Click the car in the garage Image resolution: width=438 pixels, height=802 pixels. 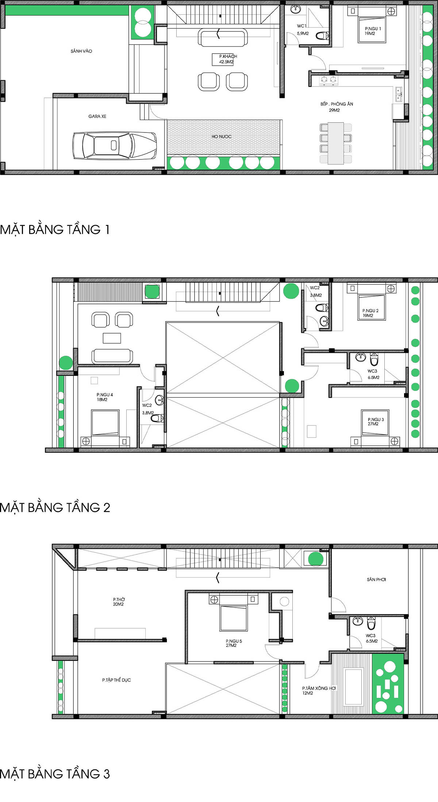[115, 146]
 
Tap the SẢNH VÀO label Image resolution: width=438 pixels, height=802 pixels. [81, 51]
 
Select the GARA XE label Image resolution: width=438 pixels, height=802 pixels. [97, 116]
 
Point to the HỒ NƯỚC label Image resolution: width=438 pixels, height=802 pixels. [222, 136]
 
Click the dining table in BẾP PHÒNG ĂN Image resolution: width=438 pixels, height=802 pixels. [336, 143]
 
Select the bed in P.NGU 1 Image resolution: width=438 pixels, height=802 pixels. [372, 30]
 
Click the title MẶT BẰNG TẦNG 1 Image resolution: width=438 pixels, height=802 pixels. [55, 230]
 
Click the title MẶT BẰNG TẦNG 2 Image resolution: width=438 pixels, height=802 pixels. [55, 508]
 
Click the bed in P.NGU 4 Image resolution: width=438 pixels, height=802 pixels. [105, 423]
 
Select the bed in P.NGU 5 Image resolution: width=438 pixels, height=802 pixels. [233, 618]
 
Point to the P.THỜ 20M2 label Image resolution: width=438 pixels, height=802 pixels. [119, 602]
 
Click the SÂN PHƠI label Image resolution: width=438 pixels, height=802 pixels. [376, 579]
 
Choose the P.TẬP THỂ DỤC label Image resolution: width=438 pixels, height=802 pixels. [116, 680]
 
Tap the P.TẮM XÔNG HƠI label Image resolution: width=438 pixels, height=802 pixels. [319, 688]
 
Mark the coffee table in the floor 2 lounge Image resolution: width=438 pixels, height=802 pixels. [112, 338]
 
